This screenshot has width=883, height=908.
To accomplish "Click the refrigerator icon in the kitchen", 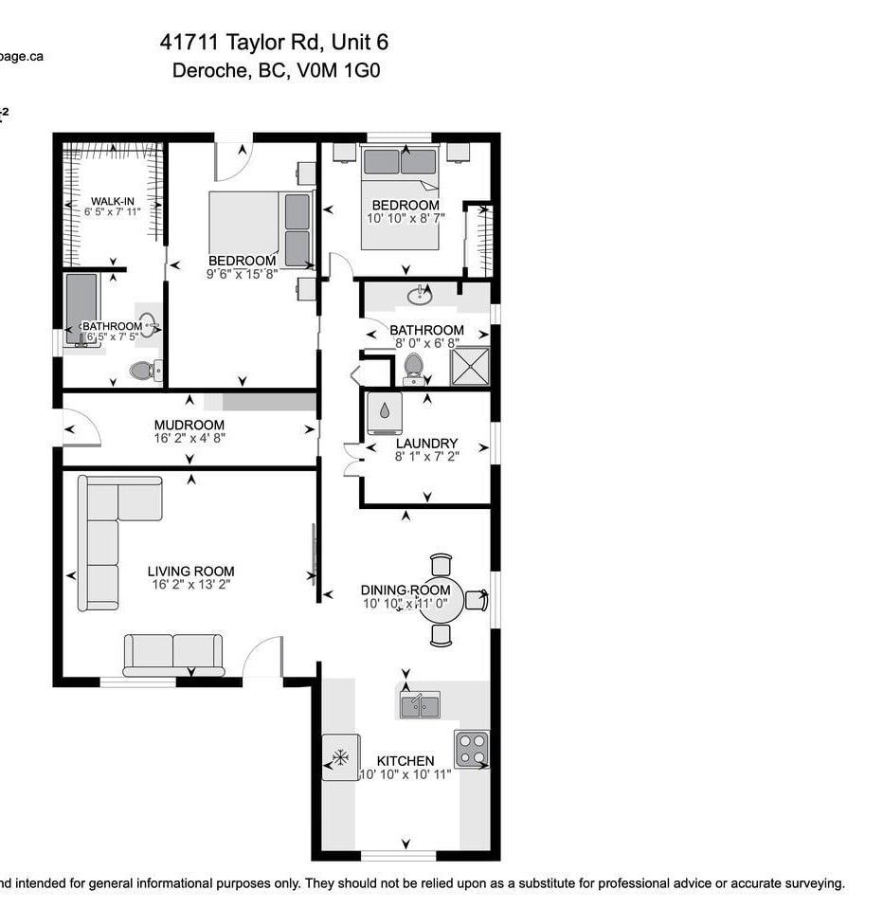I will [x=340, y=757].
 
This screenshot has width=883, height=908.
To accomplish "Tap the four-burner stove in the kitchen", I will [x=472, y=749].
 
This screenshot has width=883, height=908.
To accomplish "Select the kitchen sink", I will [x=419, y=705].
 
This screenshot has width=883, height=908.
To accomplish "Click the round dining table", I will [x=441, y=599].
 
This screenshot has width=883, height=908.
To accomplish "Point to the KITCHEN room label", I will [x=405, y=760].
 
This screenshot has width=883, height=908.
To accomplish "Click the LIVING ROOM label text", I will [x=190, y=571].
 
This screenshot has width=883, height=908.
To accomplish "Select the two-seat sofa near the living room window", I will [x=173, y=653].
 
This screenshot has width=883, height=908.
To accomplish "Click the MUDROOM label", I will [x=189, y=425].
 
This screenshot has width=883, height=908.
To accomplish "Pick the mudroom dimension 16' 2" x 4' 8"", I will [x=189, y=438].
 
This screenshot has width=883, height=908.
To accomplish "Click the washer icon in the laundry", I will [x=385, y=413].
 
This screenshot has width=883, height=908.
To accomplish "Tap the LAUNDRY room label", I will [x=426, y=443].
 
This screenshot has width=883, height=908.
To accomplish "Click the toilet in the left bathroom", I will [x=143, y=370].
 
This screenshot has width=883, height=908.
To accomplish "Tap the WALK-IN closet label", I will [x=112, y=200].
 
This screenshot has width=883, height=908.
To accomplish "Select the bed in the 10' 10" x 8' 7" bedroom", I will [x=400, y=197].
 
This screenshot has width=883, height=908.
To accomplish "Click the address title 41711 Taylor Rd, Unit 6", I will [x=274, y=43].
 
